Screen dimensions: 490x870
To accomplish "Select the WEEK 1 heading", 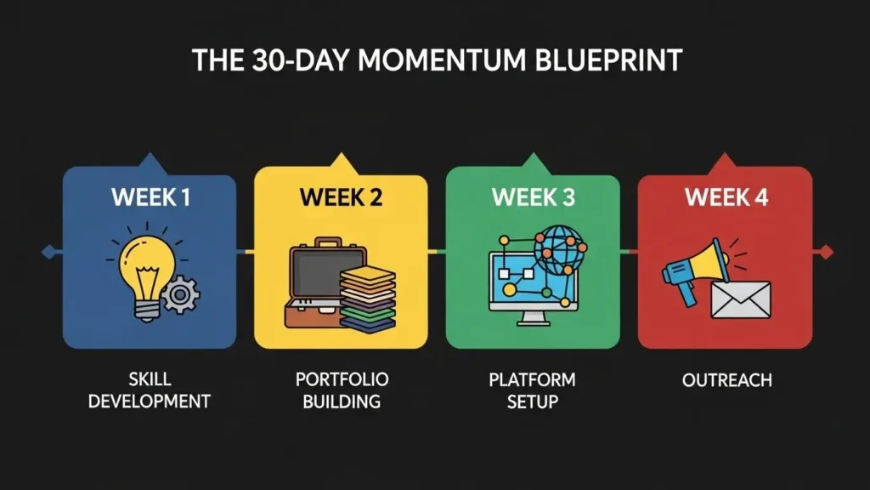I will pos(150,197).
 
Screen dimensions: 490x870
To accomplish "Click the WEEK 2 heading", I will pos(341,197).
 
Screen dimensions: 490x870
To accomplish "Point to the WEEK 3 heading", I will pos(533,197).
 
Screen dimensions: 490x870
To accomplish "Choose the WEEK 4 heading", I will pos(725,197).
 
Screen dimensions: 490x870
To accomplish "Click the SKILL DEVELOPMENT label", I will pos(150,390).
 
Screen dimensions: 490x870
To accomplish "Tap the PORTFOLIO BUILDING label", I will pos(340,390).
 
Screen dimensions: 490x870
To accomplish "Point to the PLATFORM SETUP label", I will pos(532,390).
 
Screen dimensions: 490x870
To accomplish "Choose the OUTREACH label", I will pos(726,380).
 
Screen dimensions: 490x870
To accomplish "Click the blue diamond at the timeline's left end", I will pos(48,251).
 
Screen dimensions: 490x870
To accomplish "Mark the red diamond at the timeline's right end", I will pos(822,251).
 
